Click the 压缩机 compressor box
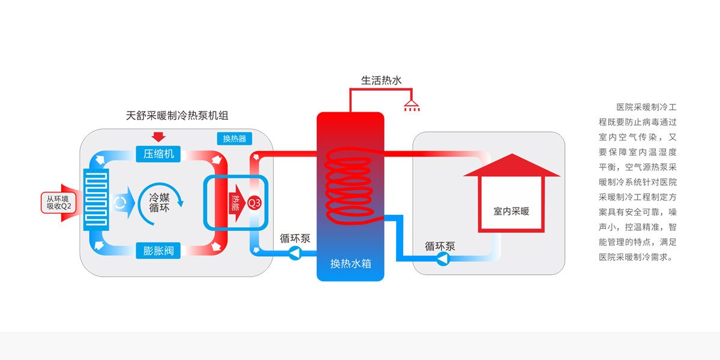[x=158, y=154]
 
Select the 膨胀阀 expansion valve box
[x=158, y=251]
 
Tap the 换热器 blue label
[x=234, y=139]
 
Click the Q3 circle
[x=254, y=203]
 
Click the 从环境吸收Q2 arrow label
[x=59, y=203]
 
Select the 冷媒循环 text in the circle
[x=159, y=202]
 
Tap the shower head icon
[x=412, y=106]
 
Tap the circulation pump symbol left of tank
[x=295, y=254]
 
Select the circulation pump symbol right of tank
[x=443, y=259]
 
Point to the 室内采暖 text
[x=511, y=211]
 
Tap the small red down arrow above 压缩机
[x=158, y=136]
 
